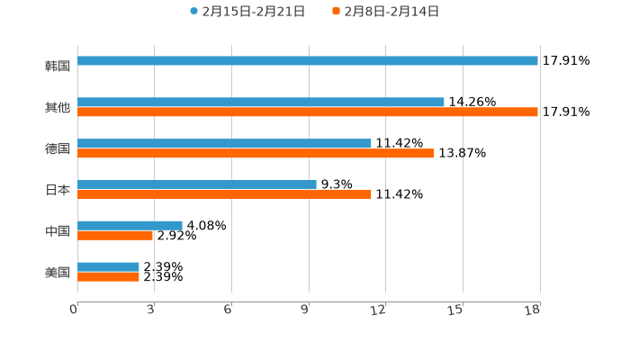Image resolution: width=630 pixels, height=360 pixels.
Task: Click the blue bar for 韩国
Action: click(308, 61)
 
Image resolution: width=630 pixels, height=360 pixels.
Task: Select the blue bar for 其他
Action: click(261, 103)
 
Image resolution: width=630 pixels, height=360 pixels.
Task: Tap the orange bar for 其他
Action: click(308, 112)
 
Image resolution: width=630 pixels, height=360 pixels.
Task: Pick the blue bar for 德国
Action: click(225, 144)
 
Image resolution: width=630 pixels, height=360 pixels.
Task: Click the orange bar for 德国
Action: click(256, 154)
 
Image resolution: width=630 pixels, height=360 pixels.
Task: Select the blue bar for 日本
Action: click(197, 184)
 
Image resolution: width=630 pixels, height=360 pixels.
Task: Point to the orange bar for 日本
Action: click(225, 194)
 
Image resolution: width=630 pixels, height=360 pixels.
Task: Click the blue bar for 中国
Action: click(130, 226)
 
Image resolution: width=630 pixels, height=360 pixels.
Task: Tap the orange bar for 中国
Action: click(115, 236)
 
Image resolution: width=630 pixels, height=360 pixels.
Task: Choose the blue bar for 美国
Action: click(109, 267)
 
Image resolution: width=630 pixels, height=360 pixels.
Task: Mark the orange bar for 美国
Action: click(109, 277)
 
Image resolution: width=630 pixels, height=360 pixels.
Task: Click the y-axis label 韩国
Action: click(58, 66)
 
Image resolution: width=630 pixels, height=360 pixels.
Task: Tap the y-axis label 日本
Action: click(58, 190)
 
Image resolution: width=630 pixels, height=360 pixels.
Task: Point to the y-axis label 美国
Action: click(58, 272)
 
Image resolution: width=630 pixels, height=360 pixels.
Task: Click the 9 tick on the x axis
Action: click(308, 310)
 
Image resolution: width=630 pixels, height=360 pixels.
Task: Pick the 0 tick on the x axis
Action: click(75, 310)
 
